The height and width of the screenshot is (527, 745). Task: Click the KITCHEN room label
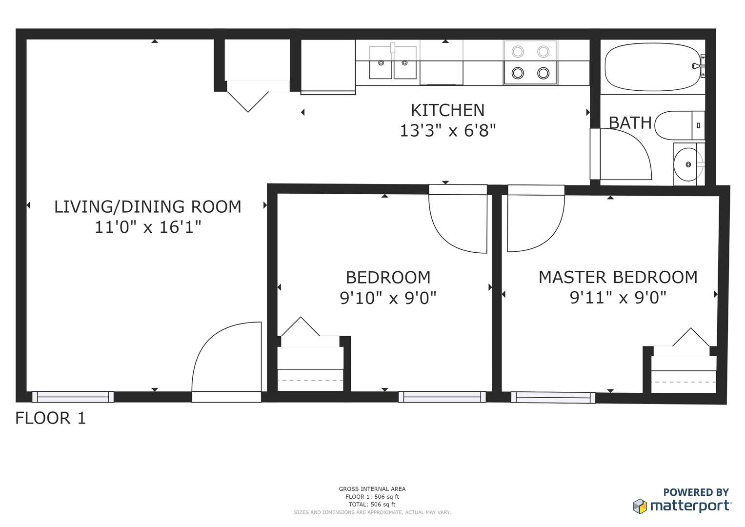click(x=448, y=110)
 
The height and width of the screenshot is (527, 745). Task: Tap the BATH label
click(x=630, y=123)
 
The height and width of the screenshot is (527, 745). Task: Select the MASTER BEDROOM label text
click(x=618, y=277)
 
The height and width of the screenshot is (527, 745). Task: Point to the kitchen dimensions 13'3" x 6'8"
click(x=448, y=130)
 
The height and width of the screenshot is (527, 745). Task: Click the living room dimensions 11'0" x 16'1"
click(x=148, y=227)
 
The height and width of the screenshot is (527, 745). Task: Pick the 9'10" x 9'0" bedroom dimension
click(x=388, y=298)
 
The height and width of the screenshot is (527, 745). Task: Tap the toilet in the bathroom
click(x=680, y=125)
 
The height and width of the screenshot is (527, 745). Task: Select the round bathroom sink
click(x=688, y=164)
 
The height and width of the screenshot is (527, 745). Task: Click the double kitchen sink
click(x=393, y=62)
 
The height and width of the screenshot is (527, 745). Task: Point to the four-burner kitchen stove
click(x=530, y=62)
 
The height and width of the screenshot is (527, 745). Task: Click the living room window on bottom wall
click(x=73, y=397)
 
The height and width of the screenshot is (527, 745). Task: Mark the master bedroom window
click(x=553, y=398)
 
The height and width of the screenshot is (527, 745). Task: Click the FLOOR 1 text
click(x=51, y=418)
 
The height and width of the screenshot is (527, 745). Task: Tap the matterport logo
click(x=683, y=506)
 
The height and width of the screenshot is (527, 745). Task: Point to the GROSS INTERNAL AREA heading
click(x=372, y=489)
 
